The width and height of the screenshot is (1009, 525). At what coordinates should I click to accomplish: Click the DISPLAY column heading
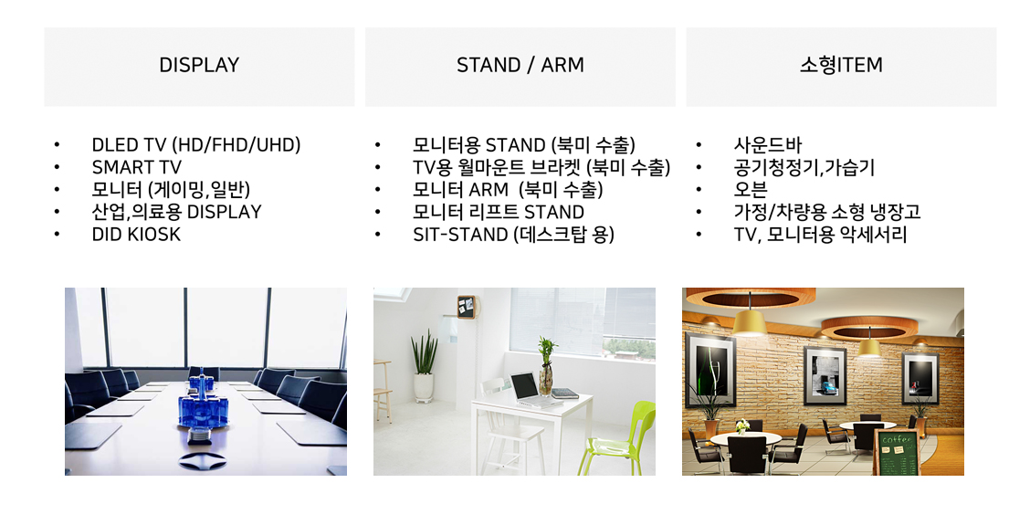click(199, 65)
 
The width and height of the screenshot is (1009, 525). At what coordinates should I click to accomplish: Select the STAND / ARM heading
click(520, 65)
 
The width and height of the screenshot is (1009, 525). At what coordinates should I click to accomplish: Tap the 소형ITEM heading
click(841, 65)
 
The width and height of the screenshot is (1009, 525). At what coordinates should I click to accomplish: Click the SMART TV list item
click(136, 167)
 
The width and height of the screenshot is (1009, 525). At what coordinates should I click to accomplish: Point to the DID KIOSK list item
click(136, 234)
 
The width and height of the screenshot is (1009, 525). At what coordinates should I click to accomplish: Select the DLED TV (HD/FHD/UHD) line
click(196, 145)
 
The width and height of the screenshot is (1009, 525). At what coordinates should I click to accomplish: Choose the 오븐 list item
click(751, 189)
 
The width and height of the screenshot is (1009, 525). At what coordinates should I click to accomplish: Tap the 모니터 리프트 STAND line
click(499, 212)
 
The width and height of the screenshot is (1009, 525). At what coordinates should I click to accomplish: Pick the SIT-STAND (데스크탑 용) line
click(513, 234)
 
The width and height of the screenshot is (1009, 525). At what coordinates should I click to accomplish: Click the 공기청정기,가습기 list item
click(804, 167)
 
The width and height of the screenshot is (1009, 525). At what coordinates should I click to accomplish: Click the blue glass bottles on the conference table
click(203, 402)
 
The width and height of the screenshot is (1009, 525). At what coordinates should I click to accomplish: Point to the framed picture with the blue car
click(825, 375)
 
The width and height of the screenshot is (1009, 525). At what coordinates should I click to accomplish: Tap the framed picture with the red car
click(920, 377)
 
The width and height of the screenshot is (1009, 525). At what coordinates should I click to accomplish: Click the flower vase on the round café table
click(742, 426)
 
